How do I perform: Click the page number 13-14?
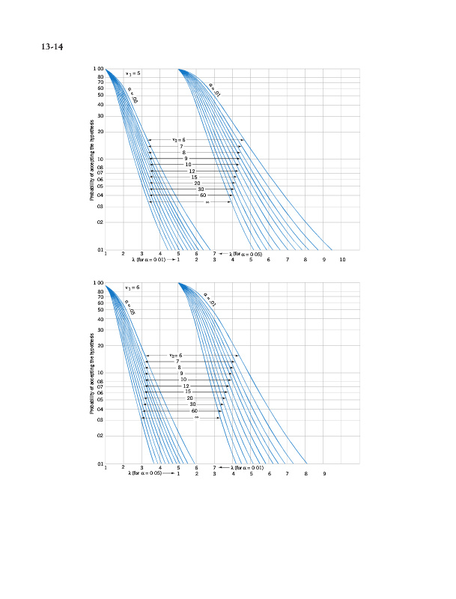click(52, 47)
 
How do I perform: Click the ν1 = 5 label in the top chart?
click(133, 73)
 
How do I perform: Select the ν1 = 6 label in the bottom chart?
click(133, 288)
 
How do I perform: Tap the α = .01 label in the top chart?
click(214, 90)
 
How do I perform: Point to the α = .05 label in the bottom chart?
click(129, 307)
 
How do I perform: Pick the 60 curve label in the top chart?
click(203, 195)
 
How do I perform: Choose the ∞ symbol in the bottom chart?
click(196, 417)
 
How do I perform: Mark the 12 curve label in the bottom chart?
click(186, 386)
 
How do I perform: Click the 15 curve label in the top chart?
click(194, 177)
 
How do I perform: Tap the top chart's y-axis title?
click(92, 163)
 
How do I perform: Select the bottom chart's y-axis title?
click(92, 377)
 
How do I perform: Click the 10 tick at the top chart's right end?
click(342, 259)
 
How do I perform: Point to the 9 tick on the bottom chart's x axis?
click(324, 474)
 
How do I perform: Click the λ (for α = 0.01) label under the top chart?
click(148, 259)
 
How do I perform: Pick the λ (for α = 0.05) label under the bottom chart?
click(146, 474)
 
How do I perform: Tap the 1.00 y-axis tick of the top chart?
click(99, 70)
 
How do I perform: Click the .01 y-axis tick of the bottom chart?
click(99, 464)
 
